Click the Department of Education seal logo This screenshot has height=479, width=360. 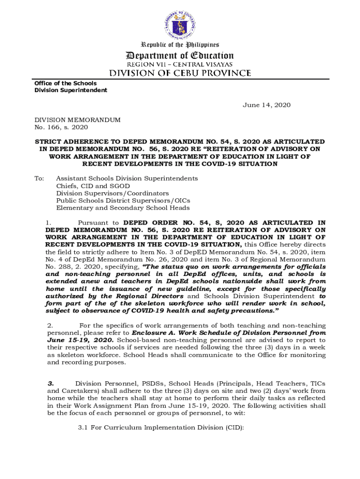180,21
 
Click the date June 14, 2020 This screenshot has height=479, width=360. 266,105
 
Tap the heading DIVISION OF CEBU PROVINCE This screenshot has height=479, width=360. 180,73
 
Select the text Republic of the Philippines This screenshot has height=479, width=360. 180,45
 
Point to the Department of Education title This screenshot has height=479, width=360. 180,55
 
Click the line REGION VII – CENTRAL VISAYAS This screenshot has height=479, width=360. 180,64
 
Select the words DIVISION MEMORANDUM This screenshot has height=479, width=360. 78,120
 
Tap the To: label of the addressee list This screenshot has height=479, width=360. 39,178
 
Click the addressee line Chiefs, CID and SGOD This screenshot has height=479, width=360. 93,186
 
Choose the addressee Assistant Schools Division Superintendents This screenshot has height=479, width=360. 127,178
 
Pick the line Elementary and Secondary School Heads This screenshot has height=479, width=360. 123,208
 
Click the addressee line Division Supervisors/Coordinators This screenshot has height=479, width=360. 113,193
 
